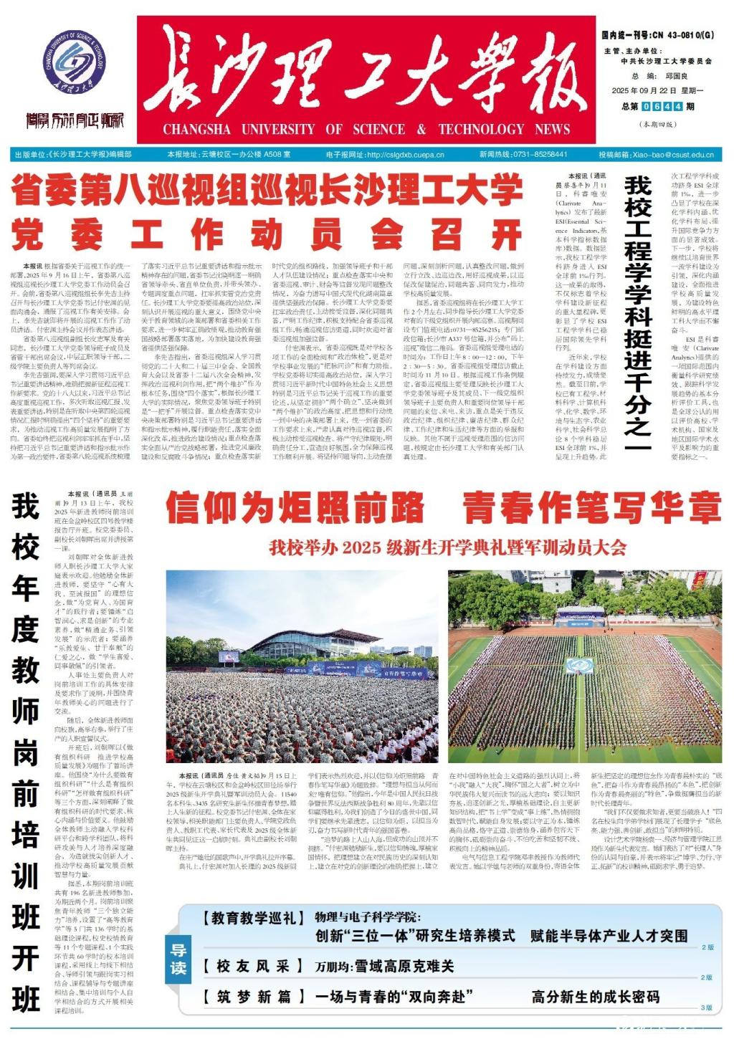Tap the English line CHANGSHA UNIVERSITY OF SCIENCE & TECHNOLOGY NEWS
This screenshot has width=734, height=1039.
click(x=366, y=130)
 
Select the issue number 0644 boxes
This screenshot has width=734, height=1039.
click(x=659, y=107)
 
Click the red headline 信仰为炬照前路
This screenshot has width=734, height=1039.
click(x=295, y=508)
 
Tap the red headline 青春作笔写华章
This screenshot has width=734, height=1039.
click(x=591, y=508)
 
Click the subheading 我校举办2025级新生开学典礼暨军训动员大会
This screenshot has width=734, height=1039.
click(x=448, y=548)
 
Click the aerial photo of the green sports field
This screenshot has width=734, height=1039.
click(x=584, y=666)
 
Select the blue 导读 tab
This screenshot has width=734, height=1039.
click(x=178, y=959)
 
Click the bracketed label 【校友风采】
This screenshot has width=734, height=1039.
click(x=250, y=966)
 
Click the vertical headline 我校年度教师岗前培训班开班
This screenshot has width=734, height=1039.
click(x=25, y=752)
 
